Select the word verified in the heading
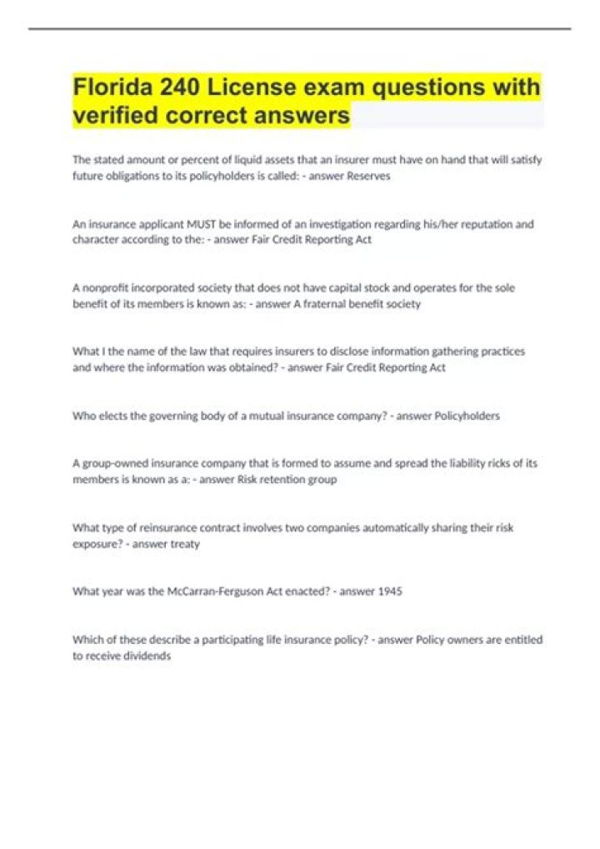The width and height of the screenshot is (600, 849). (x=116, y=116)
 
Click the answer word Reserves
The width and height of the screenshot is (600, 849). (x=367, y=176)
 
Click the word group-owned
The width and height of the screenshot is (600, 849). (x=116, y=464)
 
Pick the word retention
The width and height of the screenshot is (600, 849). (x=285, y=480)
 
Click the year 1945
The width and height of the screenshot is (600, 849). (x=389, y=592)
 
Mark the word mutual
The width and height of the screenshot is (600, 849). (x=255, y=416)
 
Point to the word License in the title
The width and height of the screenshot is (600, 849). (x=275, y=87)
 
